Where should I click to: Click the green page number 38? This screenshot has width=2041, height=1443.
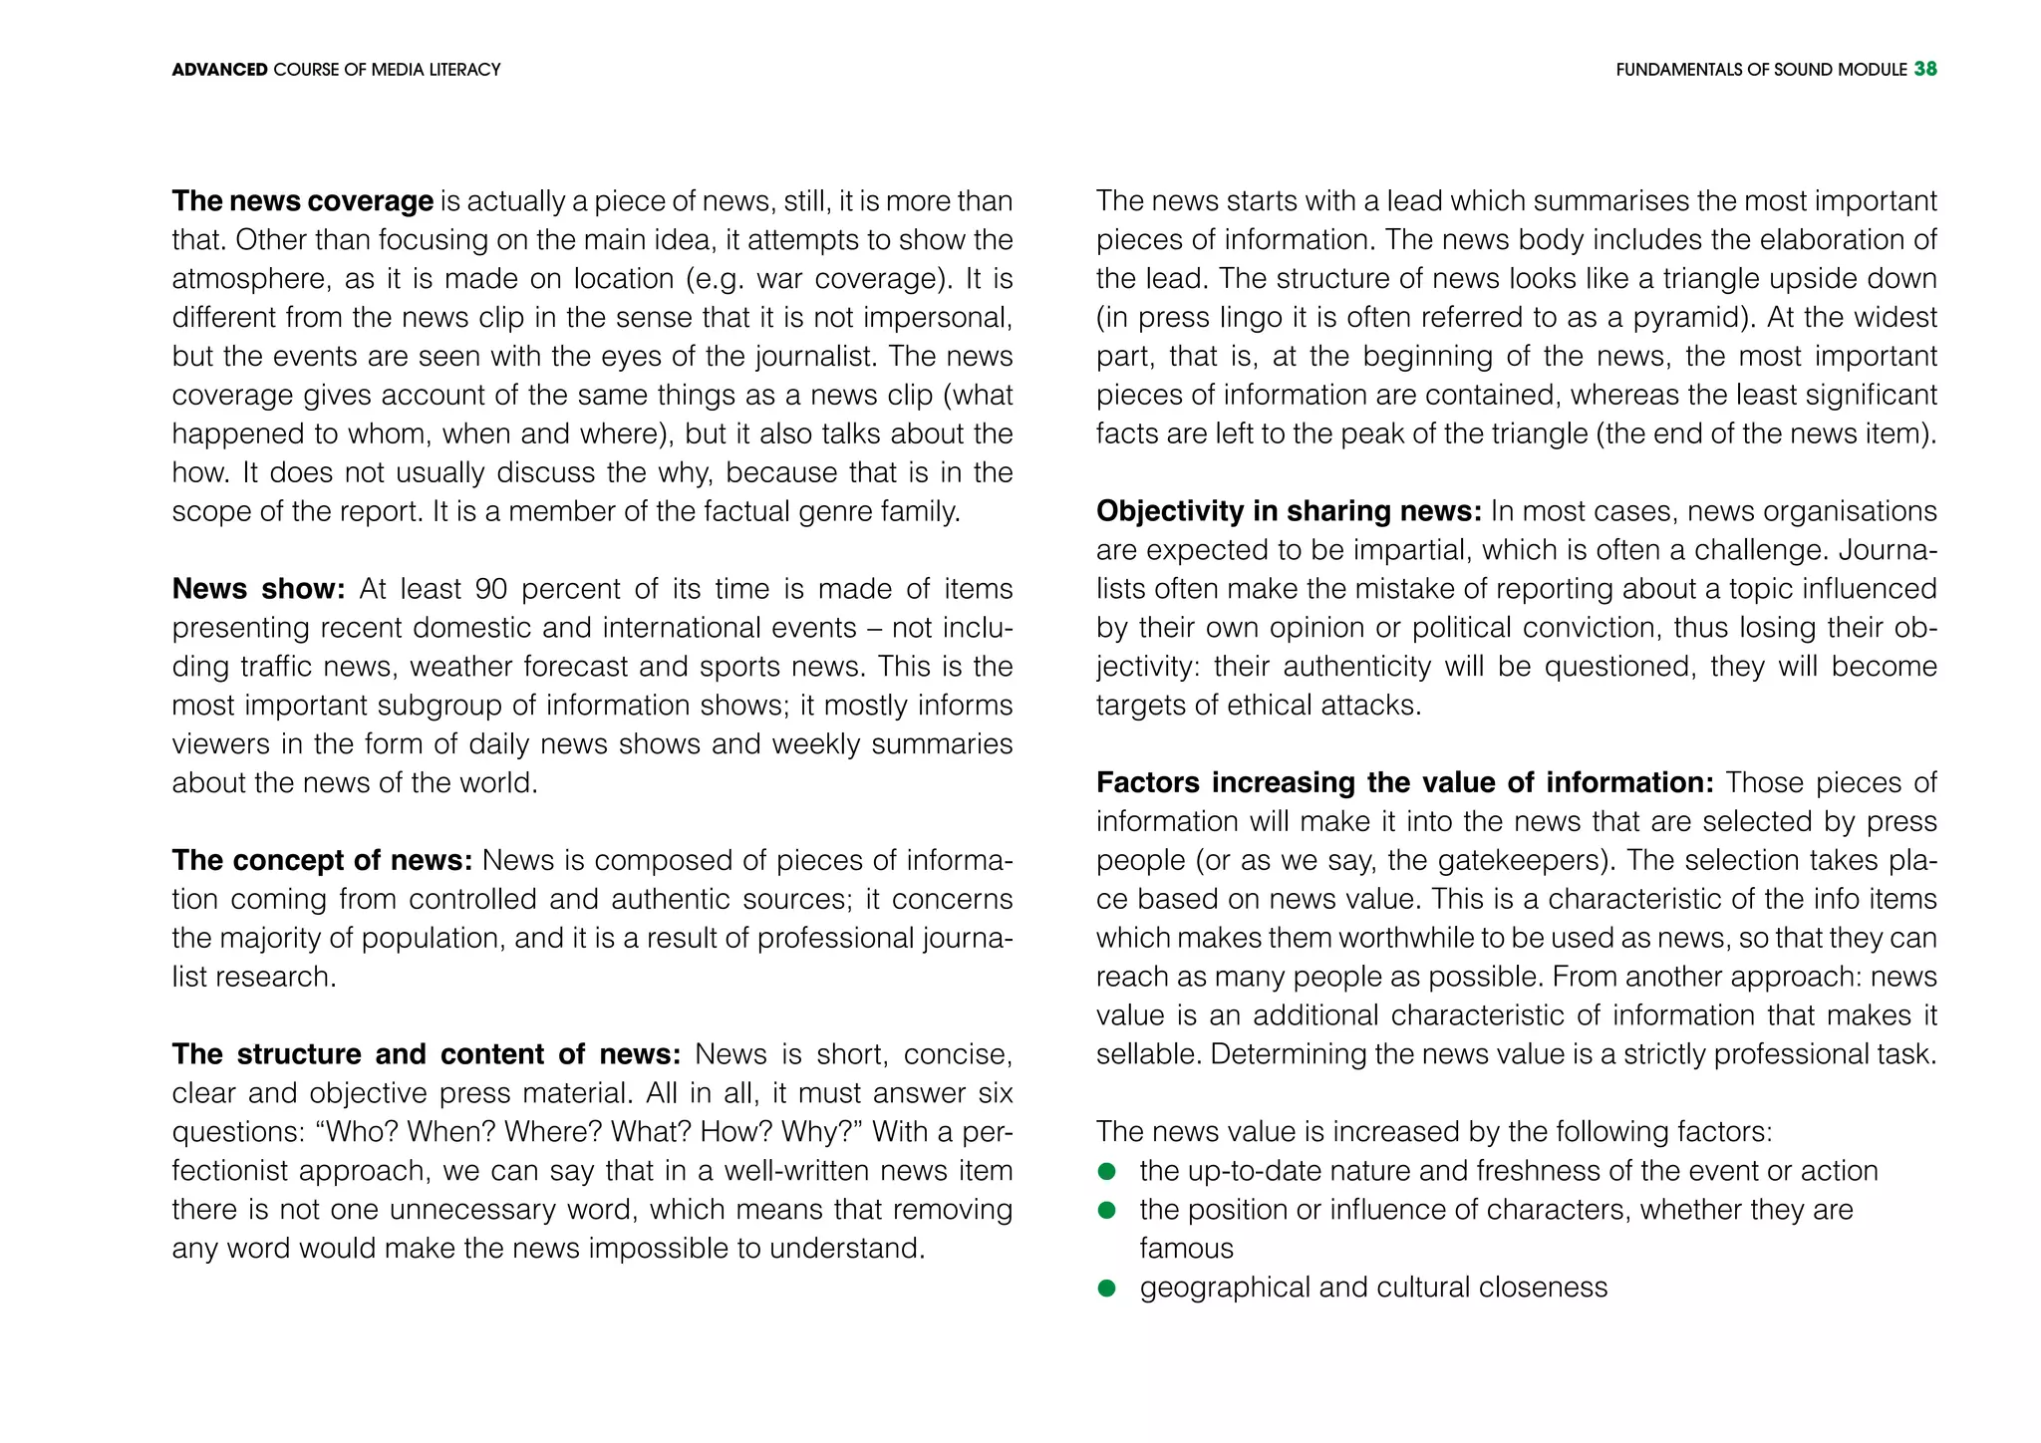pyautogui.click(x=1924, y=69)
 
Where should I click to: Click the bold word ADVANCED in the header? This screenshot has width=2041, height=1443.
pyautogui.click(x=219, y=70)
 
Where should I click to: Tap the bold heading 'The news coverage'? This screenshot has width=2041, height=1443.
pyautogui.click(x=302, y=201)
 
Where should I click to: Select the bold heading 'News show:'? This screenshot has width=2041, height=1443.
pyautogui.click(x=258, y=589)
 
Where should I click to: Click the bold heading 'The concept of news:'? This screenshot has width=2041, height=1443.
pyautogui.click(x=322, y=860)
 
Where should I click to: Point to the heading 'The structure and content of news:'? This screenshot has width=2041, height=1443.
pyautogui.click(x=426, y=1054)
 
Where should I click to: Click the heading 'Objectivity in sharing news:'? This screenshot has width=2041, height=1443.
pyautogui.click(x=1289, y=511)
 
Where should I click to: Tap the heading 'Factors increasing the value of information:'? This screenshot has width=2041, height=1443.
pyautogui.click(x=1404, y=782)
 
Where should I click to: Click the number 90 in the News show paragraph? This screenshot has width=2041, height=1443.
pyautogui.click(x=490, y=589)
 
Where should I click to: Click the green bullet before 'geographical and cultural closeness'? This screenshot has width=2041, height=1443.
pyautogui.click(x=1106, y=1288)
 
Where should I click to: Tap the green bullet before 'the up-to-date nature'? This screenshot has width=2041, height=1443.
pyautogui.click(x=1106, y=1171)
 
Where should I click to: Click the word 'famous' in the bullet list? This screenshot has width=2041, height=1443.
pyautogui.click(x=1186, y=1249)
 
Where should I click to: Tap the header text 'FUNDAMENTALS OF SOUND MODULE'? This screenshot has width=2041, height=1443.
pyautogui.click(x=1761, y=70)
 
